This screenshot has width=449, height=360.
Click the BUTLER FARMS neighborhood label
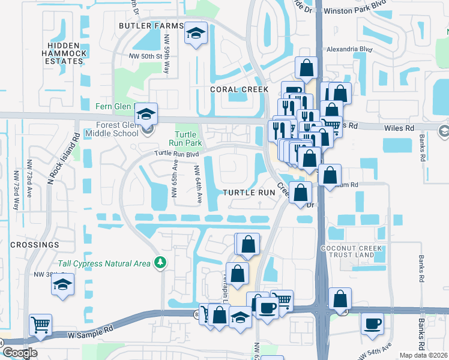151,26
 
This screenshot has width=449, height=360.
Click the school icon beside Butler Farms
196,35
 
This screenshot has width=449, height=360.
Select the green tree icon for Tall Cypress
160,262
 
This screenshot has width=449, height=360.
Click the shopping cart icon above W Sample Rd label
40,325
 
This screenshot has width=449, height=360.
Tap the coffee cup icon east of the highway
372,325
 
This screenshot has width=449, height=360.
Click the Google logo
20,353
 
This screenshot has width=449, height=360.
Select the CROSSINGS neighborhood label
34,245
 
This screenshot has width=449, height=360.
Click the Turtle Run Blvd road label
176,153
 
